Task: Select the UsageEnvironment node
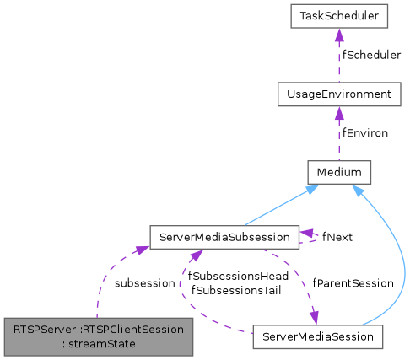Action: [x=337, y=94]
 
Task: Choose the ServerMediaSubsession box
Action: [x=224, y=237]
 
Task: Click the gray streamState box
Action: [x=98, y=336]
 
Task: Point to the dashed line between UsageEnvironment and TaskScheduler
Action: [x=337, y=59]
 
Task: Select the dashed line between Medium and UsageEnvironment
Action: [x=337, y=137]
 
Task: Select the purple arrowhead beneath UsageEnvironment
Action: [x=337, y=114]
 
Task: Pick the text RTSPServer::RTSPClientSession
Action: [x=98, y=329]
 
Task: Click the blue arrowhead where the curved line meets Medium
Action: [x=359, y=193]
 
